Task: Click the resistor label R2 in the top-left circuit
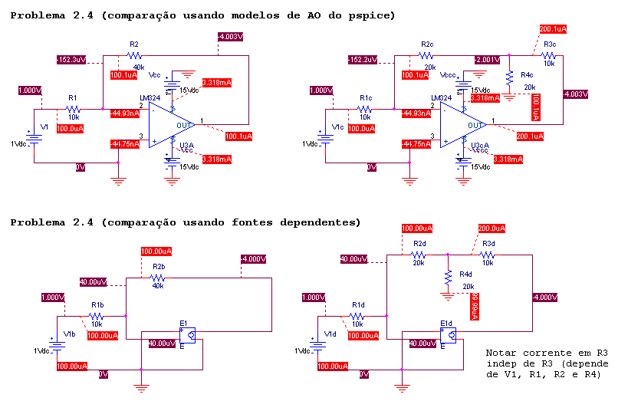(134, 44)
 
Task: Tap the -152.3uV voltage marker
(71, 59)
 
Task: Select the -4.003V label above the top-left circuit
(230, 36)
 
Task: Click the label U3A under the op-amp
(186, 145)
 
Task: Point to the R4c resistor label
(527, 75)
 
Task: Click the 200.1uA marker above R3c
(552, 28)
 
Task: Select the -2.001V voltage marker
(487, 59)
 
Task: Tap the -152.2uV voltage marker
(362, 59)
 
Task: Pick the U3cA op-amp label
(479, 145)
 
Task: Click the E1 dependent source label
(183, 323)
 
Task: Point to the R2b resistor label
(159, 267)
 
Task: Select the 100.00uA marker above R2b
(156, 251)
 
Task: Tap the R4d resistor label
(465, 274)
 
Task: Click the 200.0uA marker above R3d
(491, 228)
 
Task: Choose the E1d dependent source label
(447, 324)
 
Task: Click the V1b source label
(70, 334)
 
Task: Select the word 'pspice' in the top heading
(365, 15)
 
